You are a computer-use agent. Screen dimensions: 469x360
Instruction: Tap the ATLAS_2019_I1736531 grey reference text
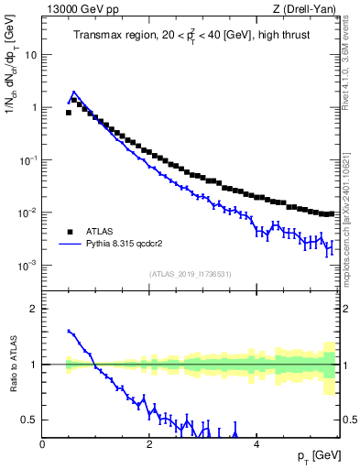(191, 274)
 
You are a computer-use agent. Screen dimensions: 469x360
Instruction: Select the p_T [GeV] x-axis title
(314, 455)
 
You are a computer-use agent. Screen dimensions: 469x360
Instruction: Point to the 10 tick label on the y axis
(31, 54)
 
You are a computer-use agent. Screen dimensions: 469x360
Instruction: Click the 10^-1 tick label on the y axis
(28, 159)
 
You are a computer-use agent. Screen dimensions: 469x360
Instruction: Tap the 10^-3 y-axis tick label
(28, 266)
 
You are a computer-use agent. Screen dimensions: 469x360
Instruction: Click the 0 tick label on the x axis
(42, 444)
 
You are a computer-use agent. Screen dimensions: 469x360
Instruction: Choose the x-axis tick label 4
(256, 444)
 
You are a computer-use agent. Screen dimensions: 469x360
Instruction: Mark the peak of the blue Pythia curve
(73, 93)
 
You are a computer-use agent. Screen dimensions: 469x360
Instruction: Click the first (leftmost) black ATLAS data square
(69, 113)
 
